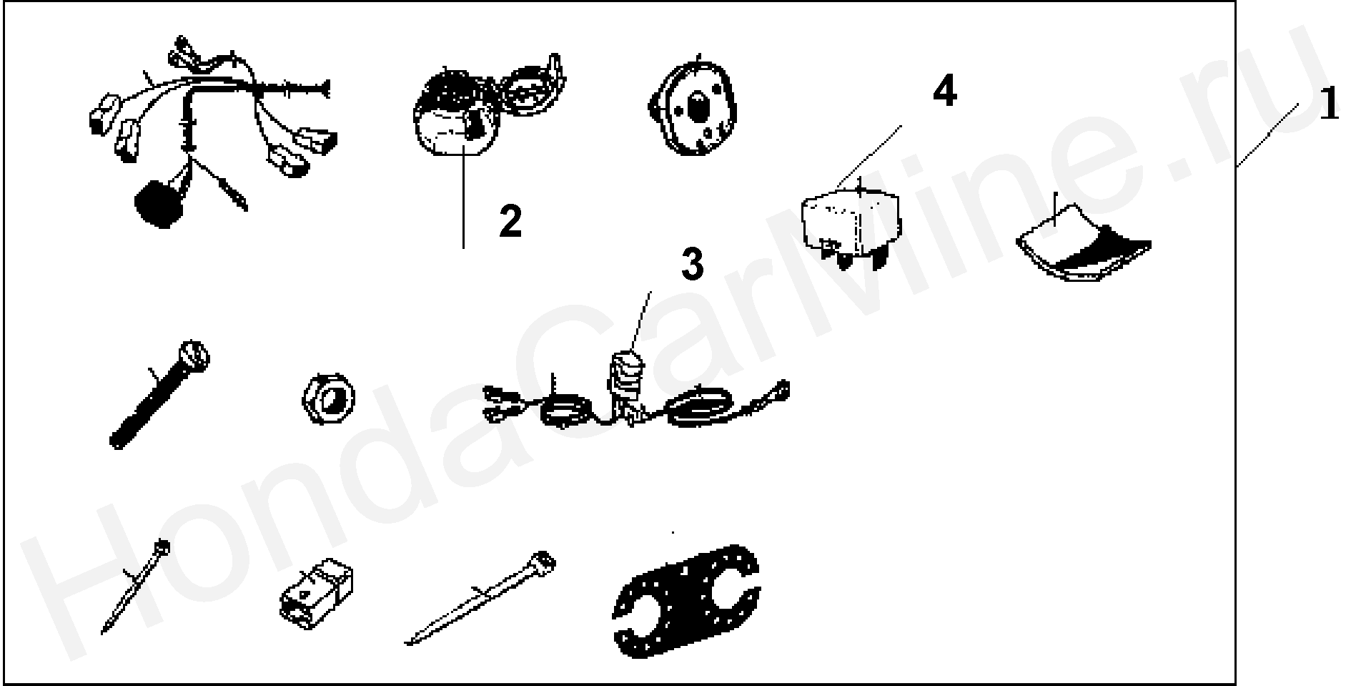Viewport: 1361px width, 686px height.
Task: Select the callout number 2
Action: pos(510,221)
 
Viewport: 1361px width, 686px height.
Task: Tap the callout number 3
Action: pos(692,265)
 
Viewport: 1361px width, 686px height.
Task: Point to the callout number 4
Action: pos(944,92)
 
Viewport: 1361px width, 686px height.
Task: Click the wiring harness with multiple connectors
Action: pos(207,129)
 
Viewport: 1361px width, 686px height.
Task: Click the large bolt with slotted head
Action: pos(159,394)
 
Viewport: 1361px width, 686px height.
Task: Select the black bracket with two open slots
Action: pos(686,601)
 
